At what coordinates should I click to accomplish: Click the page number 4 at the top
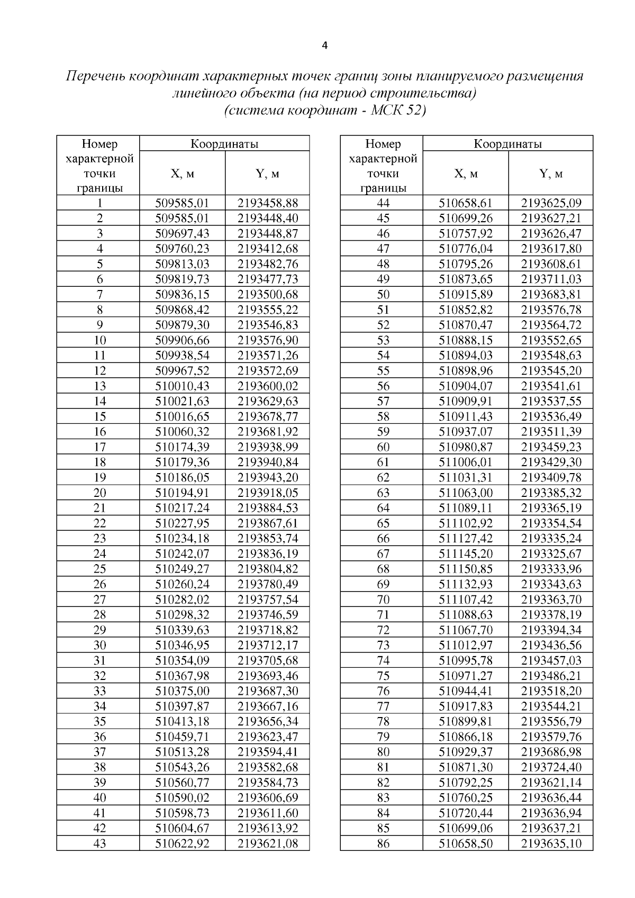point(324,46)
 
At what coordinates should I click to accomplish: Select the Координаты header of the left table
point(224,143)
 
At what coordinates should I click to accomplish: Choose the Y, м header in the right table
point(550,174)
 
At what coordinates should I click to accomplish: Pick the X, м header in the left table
point(182,174)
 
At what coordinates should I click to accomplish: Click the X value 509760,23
point(182,249)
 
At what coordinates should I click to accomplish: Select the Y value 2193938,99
point(268,447)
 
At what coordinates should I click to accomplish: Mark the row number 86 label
point(383,843)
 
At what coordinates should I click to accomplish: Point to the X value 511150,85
point(466,569)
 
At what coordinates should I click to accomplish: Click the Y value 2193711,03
point(551,279)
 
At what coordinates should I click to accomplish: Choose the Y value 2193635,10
point(551,843)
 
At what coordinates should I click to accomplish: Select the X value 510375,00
point(182,691)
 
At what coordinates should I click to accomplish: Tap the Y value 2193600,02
point(268,386)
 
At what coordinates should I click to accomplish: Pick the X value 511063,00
point(466,493)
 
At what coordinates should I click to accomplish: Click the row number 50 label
point(383,294)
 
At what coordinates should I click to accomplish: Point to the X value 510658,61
point(466,203)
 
